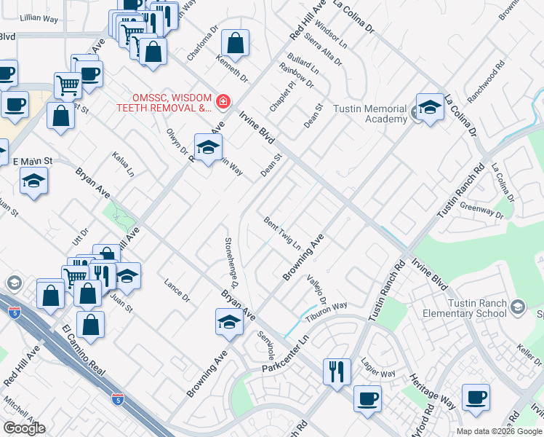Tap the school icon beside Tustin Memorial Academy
point(430,108)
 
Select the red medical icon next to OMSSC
point(223,101)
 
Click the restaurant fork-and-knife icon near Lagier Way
point(337,371)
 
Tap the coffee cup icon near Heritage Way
point(476,397)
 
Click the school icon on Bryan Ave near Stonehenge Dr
point(229,322)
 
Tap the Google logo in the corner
point(24,428)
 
